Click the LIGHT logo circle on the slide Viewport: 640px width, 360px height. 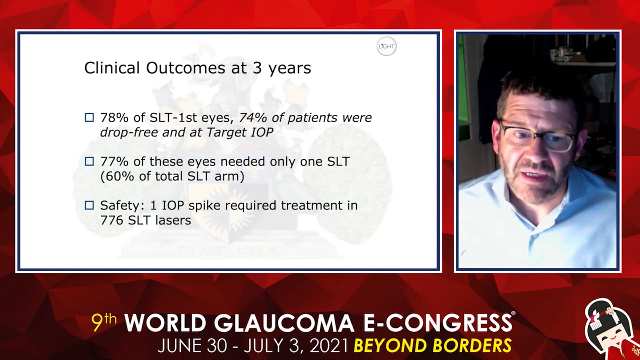point(387,46)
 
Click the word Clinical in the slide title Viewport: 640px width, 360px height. point(112,68)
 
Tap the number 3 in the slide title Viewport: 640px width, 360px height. point(257,68)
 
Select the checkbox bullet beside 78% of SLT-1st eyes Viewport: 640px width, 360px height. point(89,117)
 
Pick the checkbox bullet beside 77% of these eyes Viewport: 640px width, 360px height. point(89,161)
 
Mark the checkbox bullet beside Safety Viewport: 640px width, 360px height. point(89,205)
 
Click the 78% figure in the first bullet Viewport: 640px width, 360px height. point(114,118)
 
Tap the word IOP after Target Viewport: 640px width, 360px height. point(262,132)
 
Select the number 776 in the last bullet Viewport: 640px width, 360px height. point(112,220)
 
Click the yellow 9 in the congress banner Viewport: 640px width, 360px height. point(97,322)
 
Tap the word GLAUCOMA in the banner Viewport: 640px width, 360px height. point(284,323)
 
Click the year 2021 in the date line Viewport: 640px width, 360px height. point(329,346)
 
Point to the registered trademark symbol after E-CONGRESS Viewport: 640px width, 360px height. point(513,313)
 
